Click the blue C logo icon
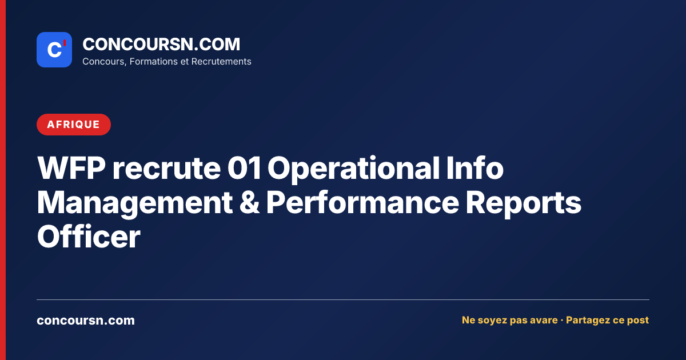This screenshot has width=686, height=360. [54, 50]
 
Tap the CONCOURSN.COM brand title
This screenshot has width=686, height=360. [161, 45]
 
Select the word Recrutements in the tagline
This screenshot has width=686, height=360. [221, 62]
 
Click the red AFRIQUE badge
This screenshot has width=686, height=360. [74, 125]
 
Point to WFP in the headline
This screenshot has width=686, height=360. [71, 168]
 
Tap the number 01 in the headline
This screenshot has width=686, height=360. [244, 168]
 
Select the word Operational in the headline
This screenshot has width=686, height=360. [354, 170]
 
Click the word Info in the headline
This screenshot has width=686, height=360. [475, 167]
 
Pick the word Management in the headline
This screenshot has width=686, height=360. [135, 203]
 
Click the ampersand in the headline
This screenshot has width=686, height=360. [249, 202]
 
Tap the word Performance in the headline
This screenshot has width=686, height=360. [362, 202]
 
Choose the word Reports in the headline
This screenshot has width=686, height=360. [524, 203]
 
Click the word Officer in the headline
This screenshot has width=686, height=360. [89, 236]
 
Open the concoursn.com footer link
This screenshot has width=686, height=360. [86, 321]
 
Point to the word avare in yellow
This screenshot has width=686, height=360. [544, 320]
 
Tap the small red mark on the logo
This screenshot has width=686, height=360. [65, 43]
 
